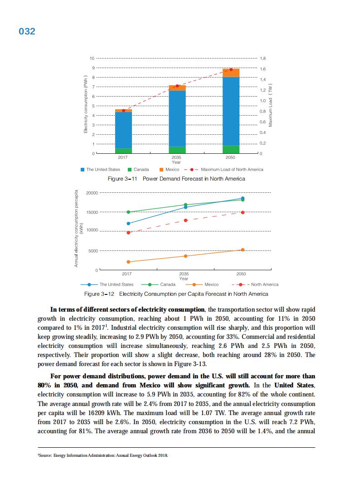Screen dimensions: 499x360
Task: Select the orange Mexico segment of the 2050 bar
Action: click(231, 73)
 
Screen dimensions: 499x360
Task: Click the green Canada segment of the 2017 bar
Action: click(123, 151)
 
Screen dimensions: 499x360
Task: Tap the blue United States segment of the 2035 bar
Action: click(177, 118)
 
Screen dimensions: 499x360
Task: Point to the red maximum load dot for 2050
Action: click(231, 69)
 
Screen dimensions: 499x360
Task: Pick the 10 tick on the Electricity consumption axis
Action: click(92, 59)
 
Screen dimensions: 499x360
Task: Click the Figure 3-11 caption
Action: click(176, 179)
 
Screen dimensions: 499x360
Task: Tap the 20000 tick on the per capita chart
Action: click(91, 193)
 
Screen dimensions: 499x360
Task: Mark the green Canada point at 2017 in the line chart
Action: click(128, 212)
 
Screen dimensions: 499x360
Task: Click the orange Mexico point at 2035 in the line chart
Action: click(185, 256)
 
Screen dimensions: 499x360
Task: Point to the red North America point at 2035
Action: click(185, 220)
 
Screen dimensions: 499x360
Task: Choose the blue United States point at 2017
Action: click(128, 223)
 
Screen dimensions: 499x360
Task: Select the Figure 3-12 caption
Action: click(179, 294)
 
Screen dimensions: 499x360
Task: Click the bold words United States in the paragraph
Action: click(295, 385)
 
